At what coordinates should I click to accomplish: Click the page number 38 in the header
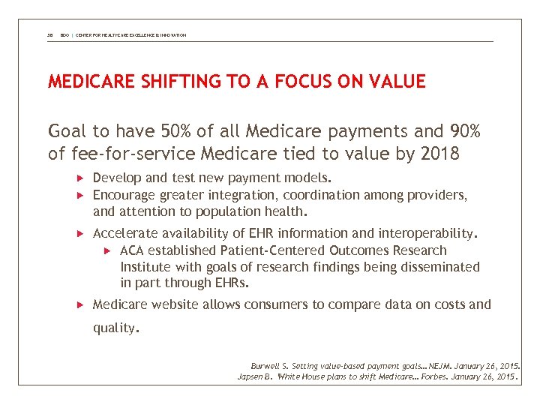50,35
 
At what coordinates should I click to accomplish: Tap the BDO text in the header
65,35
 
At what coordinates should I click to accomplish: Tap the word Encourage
124,195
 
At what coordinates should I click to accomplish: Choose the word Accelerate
123,234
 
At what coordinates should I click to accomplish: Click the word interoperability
424,234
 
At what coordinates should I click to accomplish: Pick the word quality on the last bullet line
114,328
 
